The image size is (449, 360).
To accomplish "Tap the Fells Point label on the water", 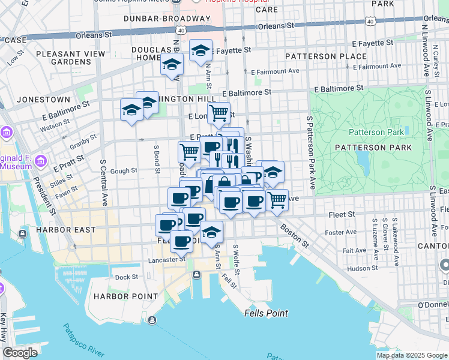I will (266, 313).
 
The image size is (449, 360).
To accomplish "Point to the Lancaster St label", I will (167, 260).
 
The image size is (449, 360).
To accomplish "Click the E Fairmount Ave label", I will (276, 71).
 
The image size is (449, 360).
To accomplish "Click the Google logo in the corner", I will (20, 353).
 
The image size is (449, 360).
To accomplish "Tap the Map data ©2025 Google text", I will (411, 355).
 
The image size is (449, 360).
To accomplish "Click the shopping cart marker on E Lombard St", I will (219, 112).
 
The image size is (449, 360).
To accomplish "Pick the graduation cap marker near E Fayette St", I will (200, 50).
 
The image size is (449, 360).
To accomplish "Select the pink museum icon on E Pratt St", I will (41, 160).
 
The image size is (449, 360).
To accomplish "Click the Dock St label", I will (127, 277).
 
